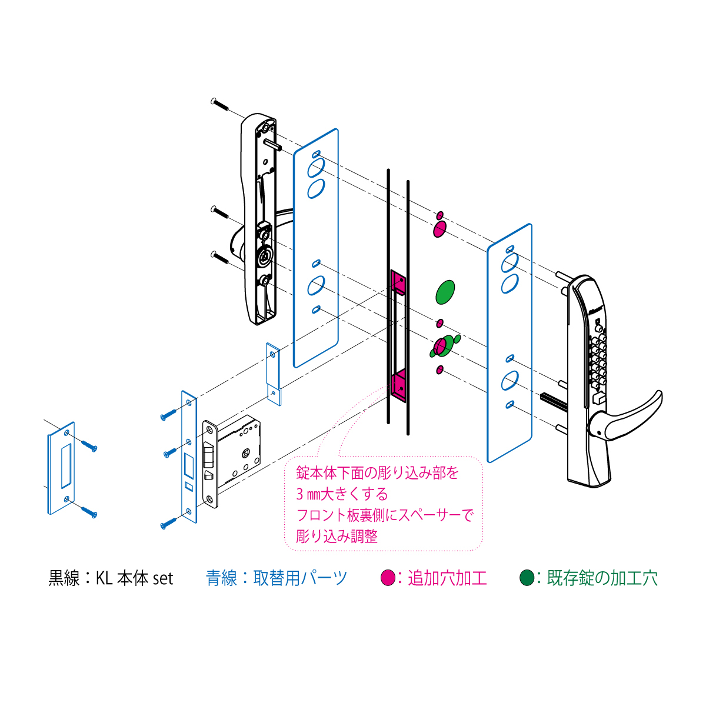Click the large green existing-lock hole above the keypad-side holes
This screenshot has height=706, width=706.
[445, 292]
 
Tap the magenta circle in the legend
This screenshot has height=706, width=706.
[388, 578]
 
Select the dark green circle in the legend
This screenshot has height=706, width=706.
[527, 578]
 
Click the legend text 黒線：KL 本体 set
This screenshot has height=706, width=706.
[111, 578]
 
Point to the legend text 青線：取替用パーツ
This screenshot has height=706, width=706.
[277, 578]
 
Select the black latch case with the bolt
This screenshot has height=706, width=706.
[232, 460]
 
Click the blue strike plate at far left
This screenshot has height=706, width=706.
[61, 468]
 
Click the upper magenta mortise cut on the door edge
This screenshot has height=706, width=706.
[398, 282]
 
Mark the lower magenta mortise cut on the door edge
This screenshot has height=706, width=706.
[398, 386]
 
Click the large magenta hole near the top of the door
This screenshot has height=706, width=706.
[439, 229]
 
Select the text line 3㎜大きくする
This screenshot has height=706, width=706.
[342, 494]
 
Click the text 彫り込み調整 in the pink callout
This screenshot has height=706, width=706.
[337, 537]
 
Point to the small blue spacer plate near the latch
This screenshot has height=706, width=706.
[274, 374]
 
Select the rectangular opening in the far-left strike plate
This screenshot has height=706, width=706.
[66, 466]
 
